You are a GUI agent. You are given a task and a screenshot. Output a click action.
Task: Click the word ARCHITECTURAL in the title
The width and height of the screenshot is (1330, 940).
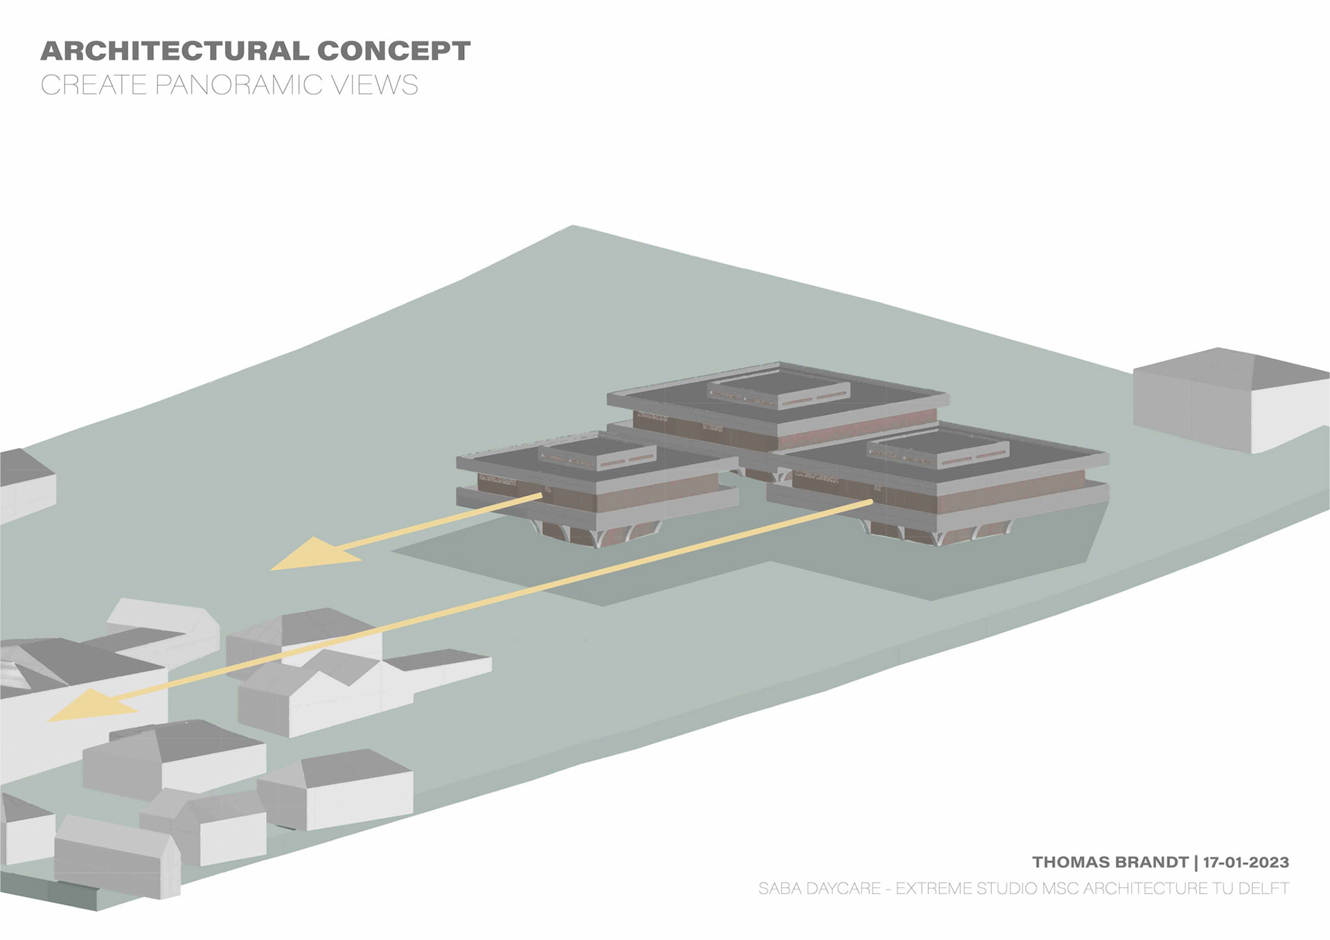tap(174, 51)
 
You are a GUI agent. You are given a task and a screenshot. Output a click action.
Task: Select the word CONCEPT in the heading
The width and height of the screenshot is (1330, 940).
tap(393, 51)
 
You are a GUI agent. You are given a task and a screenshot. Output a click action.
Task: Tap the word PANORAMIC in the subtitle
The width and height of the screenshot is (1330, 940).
tap(238, 85)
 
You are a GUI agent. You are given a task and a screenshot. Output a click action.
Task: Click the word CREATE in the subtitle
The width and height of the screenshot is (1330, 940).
tap(94, 85)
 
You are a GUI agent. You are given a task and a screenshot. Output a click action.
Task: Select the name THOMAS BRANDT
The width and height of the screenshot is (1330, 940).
tap(1110, 862)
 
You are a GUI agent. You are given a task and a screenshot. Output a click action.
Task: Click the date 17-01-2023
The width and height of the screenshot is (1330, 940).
tap(1245, 862)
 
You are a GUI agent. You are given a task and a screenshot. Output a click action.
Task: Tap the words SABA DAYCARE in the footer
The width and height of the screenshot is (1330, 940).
tap(819, 888)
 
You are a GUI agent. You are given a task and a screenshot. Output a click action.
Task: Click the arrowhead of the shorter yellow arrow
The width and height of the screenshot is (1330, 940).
tap(312, 555)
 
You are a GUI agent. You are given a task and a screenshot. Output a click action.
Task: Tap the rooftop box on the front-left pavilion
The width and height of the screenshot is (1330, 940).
tap(596, 453)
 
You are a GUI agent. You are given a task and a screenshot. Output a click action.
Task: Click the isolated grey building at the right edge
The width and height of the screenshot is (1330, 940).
tap(1226, 398)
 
